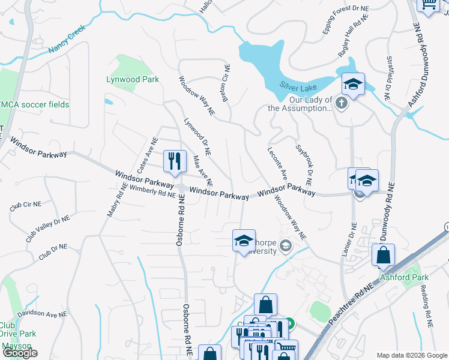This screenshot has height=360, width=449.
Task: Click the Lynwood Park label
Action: tap(132, 80)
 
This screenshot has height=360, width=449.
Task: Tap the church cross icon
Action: tap(341, 103)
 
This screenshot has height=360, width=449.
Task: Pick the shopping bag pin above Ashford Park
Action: tap(383, 254)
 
